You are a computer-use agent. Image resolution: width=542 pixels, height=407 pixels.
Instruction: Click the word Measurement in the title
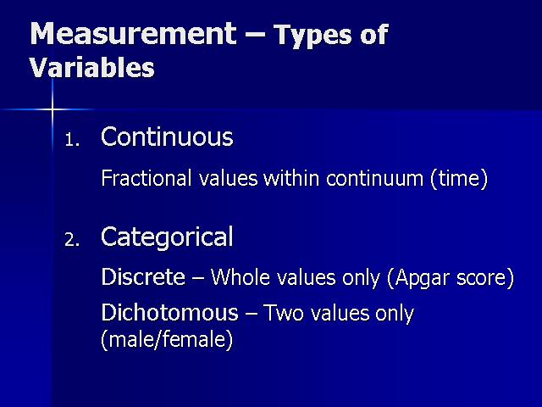click(134, 34)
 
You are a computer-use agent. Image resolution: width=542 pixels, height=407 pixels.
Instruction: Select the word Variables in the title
click(92, 66)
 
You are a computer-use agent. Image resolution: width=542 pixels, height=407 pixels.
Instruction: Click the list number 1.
click(72, 140)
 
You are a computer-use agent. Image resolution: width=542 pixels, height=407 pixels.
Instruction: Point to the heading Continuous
click(167, 137)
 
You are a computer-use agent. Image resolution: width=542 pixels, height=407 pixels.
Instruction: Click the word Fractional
click(147, 178)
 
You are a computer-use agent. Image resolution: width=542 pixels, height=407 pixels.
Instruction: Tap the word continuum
click(374, 179)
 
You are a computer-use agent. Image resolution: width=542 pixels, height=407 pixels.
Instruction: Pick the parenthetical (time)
click(459, 179)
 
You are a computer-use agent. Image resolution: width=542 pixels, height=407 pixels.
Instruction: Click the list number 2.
click(72, 240)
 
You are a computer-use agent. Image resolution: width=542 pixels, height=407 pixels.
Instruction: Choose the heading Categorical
click(167, 237)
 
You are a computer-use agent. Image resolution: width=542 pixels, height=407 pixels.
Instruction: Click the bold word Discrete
click(143, 277)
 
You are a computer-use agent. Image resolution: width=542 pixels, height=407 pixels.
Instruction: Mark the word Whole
click(240, 277)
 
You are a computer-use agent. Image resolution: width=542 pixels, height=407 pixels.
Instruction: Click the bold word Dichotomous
click(170, 312)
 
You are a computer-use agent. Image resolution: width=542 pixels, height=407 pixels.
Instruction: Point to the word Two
click(284, 313)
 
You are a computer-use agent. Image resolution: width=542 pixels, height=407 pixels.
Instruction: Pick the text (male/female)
click(167, 339)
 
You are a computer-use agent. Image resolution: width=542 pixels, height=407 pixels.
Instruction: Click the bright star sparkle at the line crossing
click(53, 109)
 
